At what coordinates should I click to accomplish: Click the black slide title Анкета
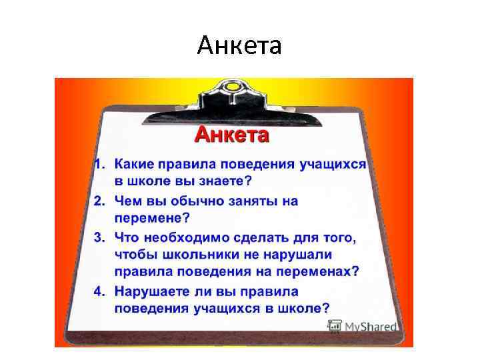[240, 46]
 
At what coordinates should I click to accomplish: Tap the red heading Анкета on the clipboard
[231, 135]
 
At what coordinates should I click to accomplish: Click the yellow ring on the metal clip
[233, 87]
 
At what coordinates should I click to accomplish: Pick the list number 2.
[97, 201]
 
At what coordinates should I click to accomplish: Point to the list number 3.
[97, 237]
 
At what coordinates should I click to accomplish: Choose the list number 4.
[97, 291]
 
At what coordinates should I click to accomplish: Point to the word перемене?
[152, 218]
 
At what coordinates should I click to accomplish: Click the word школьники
[190, 254]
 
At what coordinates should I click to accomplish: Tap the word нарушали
[297, 254]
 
